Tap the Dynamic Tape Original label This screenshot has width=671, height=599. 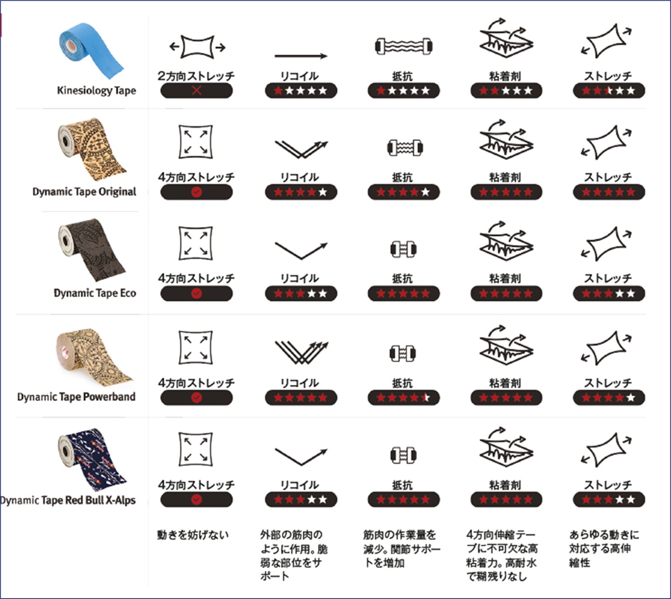[x=84, y=191]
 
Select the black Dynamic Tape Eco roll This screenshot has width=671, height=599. [x=91, y=249]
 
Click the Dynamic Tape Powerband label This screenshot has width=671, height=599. [x=76, y=396]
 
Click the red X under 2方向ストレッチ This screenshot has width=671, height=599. [x=196, y=91]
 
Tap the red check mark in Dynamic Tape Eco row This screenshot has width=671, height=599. [x=196, y=293]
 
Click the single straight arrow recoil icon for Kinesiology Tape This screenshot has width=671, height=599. [x=301, y=56]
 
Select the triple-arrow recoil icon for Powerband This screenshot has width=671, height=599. [x=301, y=352]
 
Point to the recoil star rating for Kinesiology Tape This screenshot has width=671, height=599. [x=301, y=91]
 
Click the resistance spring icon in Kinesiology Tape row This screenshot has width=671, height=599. [x=404, y=46]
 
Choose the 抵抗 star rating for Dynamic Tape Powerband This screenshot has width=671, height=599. [x=404, y=397]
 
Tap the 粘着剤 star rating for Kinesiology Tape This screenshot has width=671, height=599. [x=506, y=91]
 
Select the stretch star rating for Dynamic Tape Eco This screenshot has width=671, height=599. [x=609, y=293]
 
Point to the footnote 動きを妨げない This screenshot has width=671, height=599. [x=193, y=534]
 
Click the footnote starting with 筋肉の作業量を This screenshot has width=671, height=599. [x=401, y=549]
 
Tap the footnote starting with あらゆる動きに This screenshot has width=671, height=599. [x=604, y=549]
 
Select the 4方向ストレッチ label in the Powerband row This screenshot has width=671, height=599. [x=196, y=383]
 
